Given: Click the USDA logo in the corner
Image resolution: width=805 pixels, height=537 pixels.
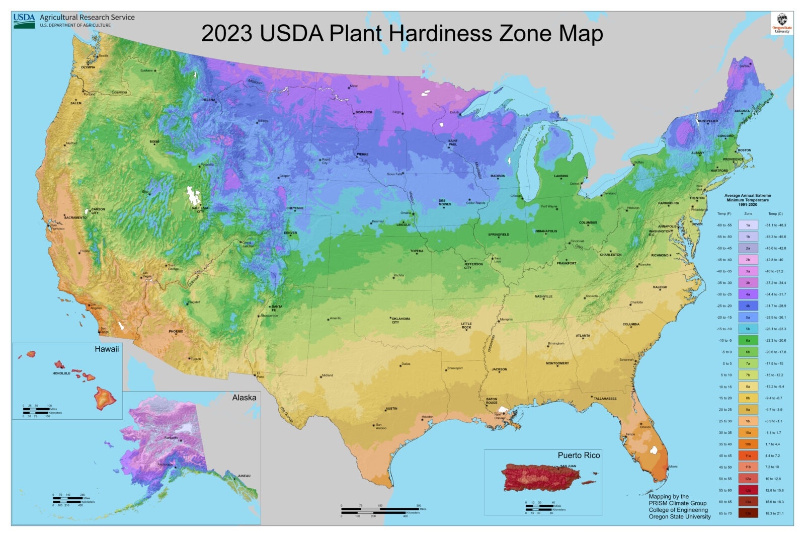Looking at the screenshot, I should coord(24,20).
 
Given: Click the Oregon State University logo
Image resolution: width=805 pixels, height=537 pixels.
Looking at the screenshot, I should coord(782,23).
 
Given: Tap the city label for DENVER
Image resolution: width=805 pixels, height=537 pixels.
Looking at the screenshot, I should coord(290,233).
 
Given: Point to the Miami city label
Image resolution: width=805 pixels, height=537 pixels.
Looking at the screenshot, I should coord(673,467).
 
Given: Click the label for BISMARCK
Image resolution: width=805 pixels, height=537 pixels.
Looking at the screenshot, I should coord(364,112).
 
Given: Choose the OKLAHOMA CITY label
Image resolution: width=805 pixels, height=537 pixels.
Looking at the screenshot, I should coord(400,320).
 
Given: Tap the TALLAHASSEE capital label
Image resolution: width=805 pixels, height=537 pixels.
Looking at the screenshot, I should coord(605,398).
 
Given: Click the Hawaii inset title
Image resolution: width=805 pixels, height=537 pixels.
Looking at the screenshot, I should coord(107,349).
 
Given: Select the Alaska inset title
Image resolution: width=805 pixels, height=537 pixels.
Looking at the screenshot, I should coord(244,398).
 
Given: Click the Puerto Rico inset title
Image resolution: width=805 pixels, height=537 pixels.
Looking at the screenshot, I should coord(579,455).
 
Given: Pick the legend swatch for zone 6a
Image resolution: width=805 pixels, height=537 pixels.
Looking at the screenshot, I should coord(748,340).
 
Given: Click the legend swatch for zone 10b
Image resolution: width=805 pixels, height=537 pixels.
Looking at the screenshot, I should coord(748,444).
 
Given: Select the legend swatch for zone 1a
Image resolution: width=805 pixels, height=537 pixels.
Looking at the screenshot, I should coord(748,225).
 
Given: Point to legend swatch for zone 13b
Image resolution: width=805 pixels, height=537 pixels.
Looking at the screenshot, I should coord(748,513).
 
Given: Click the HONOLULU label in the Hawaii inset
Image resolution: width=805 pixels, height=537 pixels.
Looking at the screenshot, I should coord(61,373).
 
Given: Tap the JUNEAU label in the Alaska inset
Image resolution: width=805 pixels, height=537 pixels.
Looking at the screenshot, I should coord(244,476).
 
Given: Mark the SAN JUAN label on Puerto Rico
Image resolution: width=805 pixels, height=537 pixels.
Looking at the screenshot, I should coord(568,466).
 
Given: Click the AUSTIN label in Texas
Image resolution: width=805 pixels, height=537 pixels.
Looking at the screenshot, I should coord(391,409).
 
